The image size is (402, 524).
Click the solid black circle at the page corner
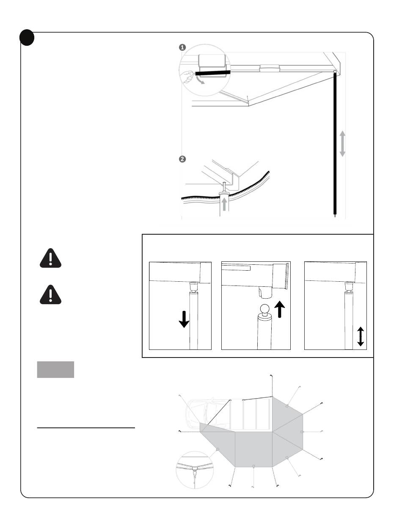click(x=27, y=39)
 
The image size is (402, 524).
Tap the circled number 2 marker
click(x=182, y=159)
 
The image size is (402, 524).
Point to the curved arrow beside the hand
click(x=201, y=80)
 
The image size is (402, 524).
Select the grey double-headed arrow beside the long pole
click(x=342, y=144)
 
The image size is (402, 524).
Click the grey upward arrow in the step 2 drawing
click(x=223, y=206)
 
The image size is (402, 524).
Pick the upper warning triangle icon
click(x=50, y=258)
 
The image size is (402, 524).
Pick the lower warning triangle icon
click(x=50, y=294)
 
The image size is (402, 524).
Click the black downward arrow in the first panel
click(x=184, y=319)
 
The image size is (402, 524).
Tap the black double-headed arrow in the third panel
click(x=360, y=337)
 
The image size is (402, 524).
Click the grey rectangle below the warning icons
click(x=56, y=369)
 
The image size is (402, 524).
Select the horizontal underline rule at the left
click(x=86, y=428)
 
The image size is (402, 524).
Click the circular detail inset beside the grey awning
click(x=194, y=470)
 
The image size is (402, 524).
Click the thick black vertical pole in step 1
click(x=335, y=144)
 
